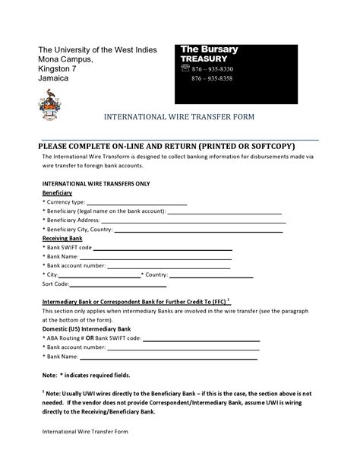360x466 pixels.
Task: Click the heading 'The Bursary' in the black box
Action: (209, 49)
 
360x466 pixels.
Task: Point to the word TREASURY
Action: (203, 59)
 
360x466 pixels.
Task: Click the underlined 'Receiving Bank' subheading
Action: (62, 239)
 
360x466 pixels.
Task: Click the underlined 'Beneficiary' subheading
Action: (57, 194)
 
